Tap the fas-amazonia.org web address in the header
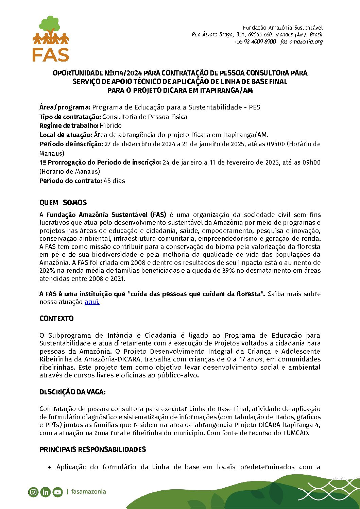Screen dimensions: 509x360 click(302, 41)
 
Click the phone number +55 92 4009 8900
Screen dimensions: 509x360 click(255, 41)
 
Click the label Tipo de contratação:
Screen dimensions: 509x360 click(70, 117)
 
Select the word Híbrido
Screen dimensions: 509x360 click(110, 125)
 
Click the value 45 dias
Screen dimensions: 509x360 click(114, 181)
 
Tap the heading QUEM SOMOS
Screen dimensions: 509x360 click(63, 203)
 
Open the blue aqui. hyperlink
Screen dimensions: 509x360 click(92, 302)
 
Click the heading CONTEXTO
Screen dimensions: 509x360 click(56, 319)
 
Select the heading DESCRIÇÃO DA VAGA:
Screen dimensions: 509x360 click(72, 392)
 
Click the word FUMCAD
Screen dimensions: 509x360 click(296, 433)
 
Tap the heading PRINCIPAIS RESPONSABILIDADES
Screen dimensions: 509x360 click(92, 449)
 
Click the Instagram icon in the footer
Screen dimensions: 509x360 click(33, 492)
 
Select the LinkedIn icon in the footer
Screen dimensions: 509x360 click(45, 492)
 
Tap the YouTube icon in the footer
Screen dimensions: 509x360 click(57, 492)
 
